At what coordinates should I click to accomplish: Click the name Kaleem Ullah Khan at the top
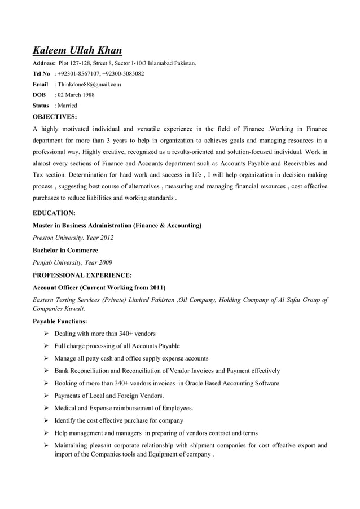pos(77,50)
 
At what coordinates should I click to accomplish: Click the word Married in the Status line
pos(66,106)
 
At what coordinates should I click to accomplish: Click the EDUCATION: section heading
pos(54,213)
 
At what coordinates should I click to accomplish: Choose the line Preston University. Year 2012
pos(73,238)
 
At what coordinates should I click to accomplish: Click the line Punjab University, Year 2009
pos(72,262)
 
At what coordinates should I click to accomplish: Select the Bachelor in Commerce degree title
pos(65,250)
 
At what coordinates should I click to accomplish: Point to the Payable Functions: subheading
pos(60,321)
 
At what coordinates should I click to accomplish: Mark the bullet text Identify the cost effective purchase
pos(118,420)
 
